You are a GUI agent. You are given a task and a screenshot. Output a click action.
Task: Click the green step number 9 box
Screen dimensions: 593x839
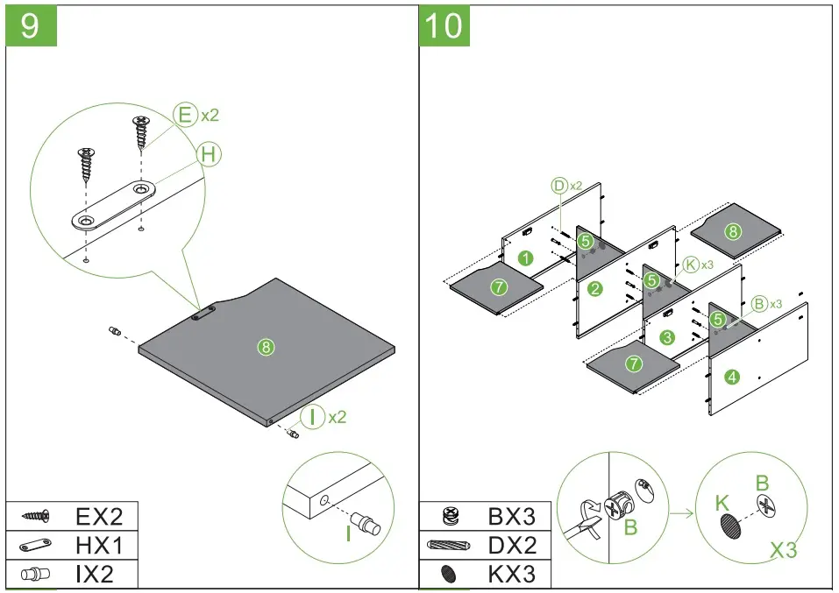click(32, 25)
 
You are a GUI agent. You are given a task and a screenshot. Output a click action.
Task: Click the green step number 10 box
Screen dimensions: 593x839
click(444, 25)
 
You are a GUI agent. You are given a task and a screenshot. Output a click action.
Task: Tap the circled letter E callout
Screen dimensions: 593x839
click(185, 115)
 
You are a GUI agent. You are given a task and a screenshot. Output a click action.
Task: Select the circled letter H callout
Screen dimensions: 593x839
click(208, 154)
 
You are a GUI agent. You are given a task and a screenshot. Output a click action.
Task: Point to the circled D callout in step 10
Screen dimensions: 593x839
click(559, 185)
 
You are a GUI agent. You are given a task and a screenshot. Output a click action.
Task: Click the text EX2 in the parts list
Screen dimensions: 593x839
click(97, 515)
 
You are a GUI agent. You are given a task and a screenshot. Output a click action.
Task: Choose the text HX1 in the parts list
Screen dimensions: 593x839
click(97, 545)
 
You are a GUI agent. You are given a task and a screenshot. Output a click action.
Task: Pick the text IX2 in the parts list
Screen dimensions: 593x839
click(95, 574)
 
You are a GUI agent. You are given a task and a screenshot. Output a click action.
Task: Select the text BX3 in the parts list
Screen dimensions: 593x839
click(511, 515)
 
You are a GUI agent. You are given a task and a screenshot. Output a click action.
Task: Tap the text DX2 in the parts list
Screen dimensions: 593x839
click(511, 545)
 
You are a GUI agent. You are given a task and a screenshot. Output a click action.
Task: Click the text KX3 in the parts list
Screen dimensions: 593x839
click(511, 574)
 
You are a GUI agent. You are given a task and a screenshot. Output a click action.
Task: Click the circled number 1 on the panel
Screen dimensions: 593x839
click(524, 258)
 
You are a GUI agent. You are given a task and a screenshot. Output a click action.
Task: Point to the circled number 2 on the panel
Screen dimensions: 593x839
click(595, 289)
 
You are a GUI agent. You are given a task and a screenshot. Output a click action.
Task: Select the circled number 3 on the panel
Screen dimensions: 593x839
click(667, 337)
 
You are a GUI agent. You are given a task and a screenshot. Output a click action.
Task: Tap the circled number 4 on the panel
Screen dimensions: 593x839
click(732, 378)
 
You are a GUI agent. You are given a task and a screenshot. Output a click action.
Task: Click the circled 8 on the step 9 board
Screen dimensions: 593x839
click(267, 347)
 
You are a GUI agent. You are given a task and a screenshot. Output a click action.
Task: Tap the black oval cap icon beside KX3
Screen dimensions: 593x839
click(449, 575)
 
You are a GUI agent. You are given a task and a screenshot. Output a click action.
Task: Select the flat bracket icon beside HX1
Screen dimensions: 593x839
click(36, 546)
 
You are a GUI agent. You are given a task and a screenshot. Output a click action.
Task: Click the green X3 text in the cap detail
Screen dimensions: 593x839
click(783, 549)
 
